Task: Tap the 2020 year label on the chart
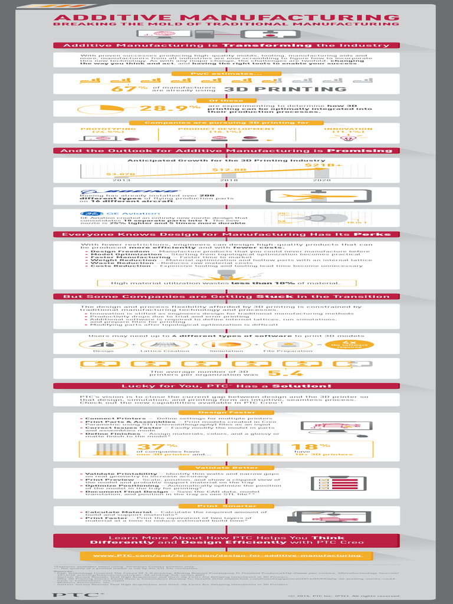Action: tap(322, 179)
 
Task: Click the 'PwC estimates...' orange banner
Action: tap(226, 74)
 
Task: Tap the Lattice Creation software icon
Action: tap(156, 344)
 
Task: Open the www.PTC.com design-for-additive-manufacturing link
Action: tap(226, 556)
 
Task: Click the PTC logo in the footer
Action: tap(74, 594)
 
